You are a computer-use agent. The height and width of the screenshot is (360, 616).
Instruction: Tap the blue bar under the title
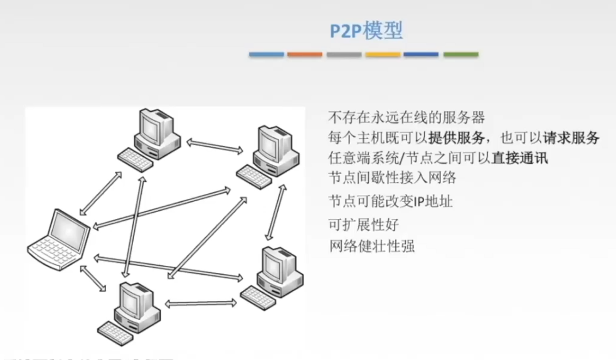pos(267,55)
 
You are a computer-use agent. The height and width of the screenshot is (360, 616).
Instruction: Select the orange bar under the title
pos(305,55)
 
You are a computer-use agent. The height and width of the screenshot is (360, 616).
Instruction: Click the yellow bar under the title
pos(383,55)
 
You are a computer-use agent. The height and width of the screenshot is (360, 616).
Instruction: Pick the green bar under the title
pos(460,55)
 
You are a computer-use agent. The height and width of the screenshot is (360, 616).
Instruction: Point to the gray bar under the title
pos(344,55)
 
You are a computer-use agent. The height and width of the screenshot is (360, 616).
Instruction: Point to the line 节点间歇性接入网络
pos(392,177)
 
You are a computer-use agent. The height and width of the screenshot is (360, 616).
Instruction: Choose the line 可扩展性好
pos(363,224)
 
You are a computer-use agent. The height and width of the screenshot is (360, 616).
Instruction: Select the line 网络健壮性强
pos(371,245)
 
